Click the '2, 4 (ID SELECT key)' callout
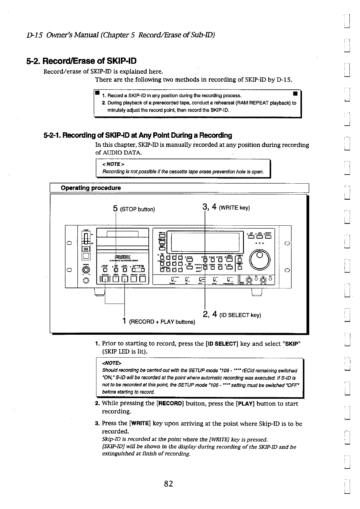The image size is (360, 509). pos(232,315)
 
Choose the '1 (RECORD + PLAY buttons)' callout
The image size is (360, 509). pos(159,321)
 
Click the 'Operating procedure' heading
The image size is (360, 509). pos(91,188)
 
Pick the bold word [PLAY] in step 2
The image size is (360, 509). pos(245,404)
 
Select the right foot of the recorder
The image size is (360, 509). pos(257,292)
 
